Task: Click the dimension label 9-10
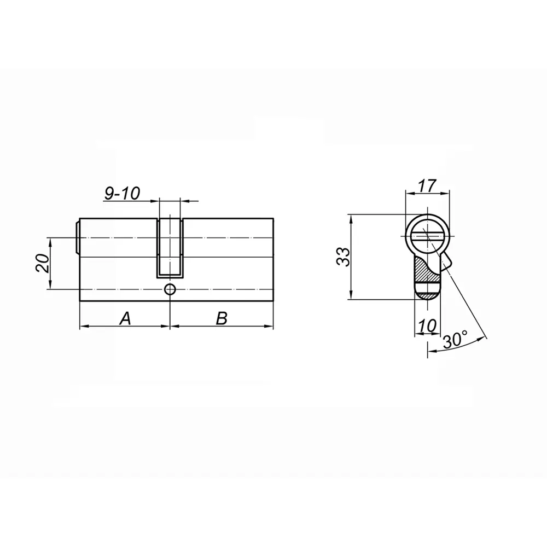(122, 193)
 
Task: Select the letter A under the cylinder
(125, 318)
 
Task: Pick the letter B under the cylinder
(221, 318)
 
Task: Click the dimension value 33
(343, 257)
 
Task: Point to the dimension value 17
(427, 186)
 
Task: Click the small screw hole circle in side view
(171, 289)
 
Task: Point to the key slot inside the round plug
(427, 236)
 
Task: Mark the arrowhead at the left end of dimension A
(83, 327)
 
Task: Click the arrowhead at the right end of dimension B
(270, 327)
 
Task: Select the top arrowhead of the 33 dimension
(351, 218)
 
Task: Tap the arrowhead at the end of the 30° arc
(429, 351)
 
